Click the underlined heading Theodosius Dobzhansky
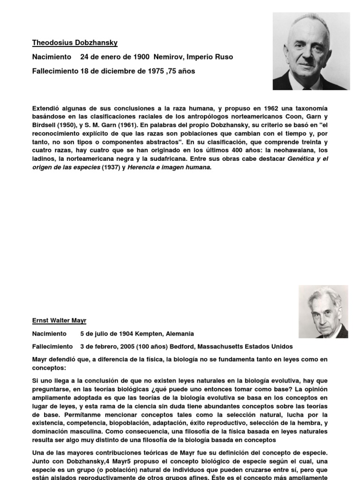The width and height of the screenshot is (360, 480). [75, 43]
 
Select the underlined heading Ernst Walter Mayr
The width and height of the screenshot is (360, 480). [59, 321]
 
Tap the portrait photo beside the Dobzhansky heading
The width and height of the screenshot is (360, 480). [311, 51]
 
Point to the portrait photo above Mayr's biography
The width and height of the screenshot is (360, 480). [323, 311]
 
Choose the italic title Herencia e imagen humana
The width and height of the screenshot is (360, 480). [168, 168]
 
